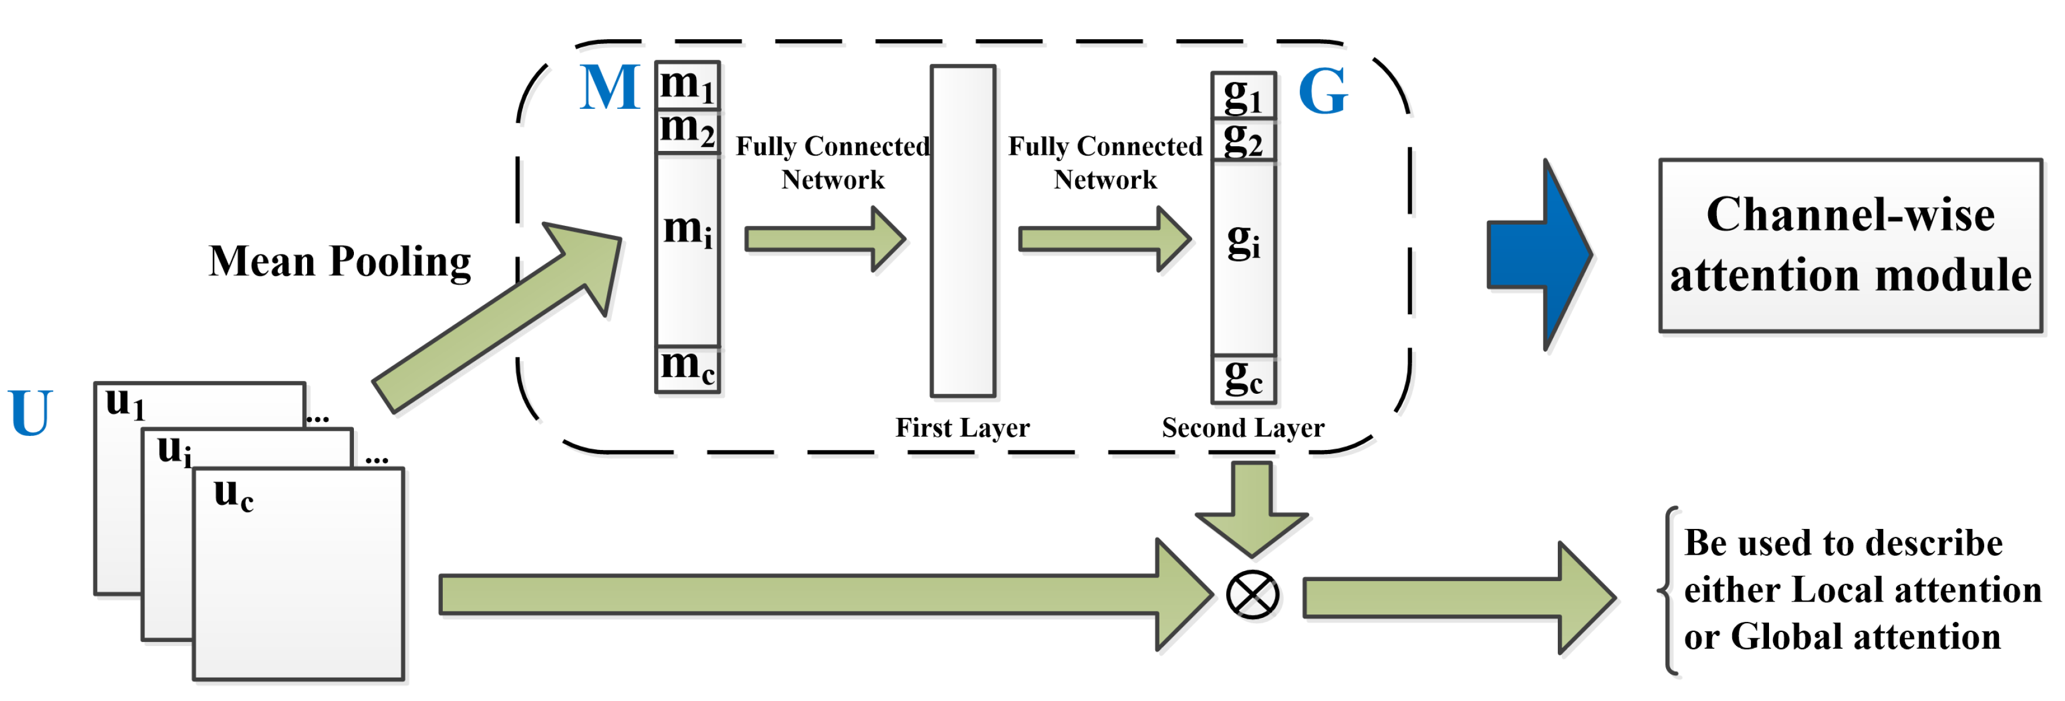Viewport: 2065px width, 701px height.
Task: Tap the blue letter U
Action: [x=30, y=413]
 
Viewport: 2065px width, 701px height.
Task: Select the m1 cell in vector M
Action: [x=687, y=85]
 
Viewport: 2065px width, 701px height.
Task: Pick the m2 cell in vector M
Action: [x=687, y=130]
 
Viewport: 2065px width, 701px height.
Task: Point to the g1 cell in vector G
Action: [x=1243, y=96]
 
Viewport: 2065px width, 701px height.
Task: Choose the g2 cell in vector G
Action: [x=1243, y=140]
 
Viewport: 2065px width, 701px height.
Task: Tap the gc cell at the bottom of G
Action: [x=1243, y=378]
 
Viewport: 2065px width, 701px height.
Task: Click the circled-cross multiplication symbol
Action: [x=1252, y=595]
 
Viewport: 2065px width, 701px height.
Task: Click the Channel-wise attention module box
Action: [x=1850, y=245]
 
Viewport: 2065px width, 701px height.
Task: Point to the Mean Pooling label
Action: [x=340, y=262]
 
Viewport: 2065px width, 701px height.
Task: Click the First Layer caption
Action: [x=962, y=428]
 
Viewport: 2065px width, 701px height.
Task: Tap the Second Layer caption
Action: [x=1243, y=428]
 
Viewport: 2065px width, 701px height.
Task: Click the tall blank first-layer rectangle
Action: [x=963, y=231]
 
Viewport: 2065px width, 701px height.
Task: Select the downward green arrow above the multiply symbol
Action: [x=1251, y=509]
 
